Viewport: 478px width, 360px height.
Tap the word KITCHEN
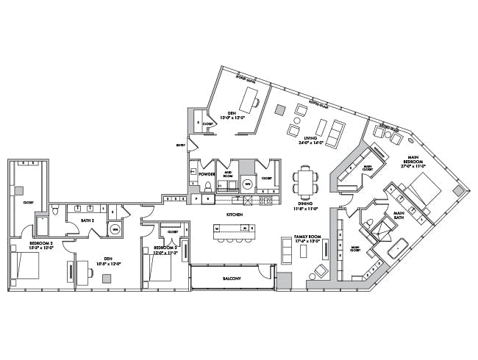coord(235,214)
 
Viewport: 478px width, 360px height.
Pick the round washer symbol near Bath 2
coord(115,229)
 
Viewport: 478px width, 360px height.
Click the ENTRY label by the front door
coord(180,145)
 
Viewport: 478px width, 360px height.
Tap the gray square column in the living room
coord(280,109)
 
